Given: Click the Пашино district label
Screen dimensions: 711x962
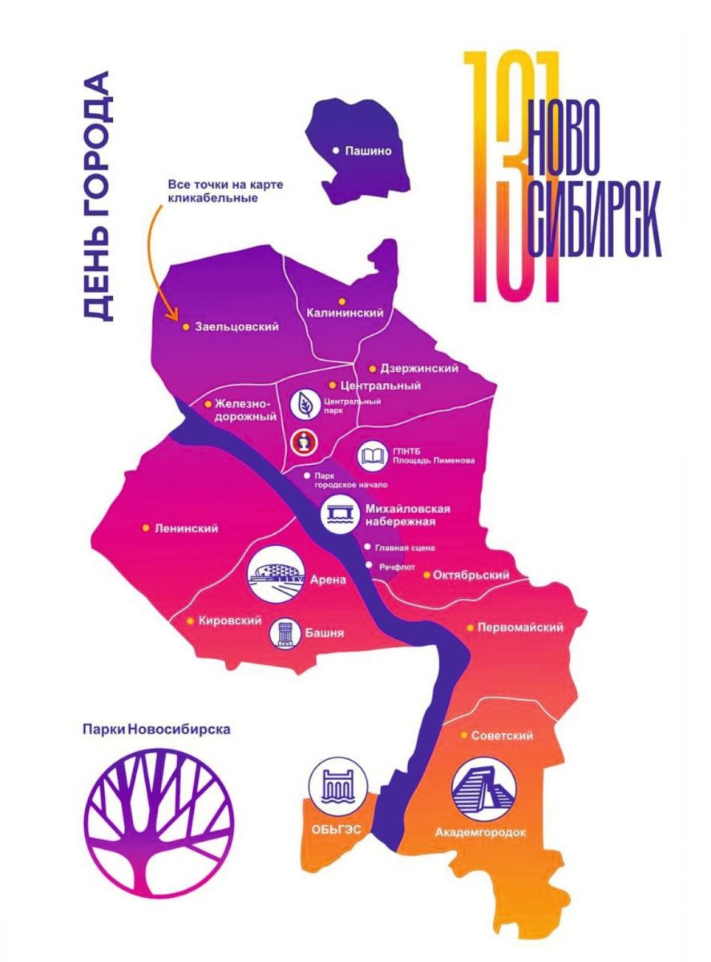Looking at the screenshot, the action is pyautogui.click(x=368, y=151).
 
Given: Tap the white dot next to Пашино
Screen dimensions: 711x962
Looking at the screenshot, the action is pyautogui.click(x=335, y=151).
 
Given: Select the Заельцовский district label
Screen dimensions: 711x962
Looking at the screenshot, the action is pyautogui.click(x=236, y=326).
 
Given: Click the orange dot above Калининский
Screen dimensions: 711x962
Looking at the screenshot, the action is pyautogui.click(x=341, y=301).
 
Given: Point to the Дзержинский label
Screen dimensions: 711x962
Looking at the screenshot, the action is pyautogui.click(x=419, y=368).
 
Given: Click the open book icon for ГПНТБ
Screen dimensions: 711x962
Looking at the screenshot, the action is pyautogui.click(x=372, y=456).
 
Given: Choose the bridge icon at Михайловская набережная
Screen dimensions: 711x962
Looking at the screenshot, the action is pyautogui.click(x=340, y=515).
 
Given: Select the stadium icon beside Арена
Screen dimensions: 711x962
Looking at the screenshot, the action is pyautogui.click(x=276, y=574).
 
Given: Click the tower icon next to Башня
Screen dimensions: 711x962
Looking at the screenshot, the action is pyautogui.click(x=285, y=634).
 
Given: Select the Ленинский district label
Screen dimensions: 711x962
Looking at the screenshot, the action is pyautogui.click(x=187, y=528).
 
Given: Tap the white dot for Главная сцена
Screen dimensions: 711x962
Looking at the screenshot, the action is pyautogui.click(x=367, y=547).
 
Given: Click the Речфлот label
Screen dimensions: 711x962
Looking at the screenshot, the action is pyautogui.click(x=397, y=567).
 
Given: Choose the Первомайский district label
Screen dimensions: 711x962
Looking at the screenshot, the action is pyautogui.click(x=520, y=627).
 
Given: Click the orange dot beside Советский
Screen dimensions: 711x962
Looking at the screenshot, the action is pyautogui.click(x=464, y=735).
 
